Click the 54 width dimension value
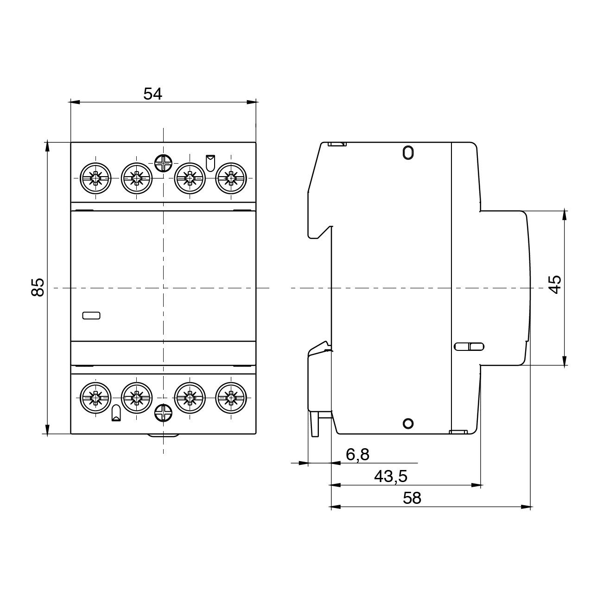[x=152, y=94]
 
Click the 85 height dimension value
[x=38, y=287]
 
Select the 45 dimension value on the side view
[x=554, y=283]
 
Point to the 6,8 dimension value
[x=357, y=455]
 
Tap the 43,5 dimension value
[x=390, y=476]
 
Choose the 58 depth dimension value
[x=412, y=498]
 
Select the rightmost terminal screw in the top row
[x=230, y=178]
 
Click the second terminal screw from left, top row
[x=136, y=178]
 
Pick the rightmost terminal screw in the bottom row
[x=230, y=397]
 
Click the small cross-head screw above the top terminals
[x=163, y=163]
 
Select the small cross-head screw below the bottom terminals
[x=163, y=413]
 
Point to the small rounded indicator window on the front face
[x=91, y=316]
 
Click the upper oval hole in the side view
[x=407, y=152]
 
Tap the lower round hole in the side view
[x=407, y=423]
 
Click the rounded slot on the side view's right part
[x=469, y=346]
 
